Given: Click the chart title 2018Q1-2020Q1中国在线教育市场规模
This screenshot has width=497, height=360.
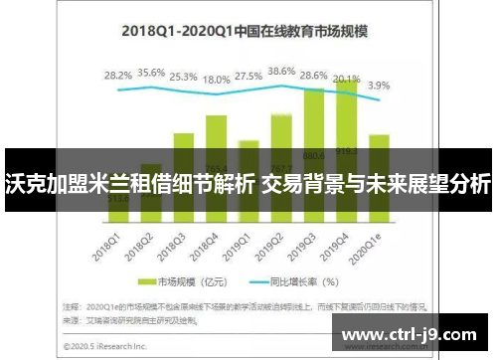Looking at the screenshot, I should [244, 31].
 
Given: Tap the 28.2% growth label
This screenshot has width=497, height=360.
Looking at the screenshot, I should [118, 75].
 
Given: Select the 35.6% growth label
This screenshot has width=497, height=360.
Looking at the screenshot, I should [151, 73].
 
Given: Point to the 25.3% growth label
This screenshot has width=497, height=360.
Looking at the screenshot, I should [184, 76].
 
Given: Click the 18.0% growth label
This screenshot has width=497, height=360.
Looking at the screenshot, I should [217, 80].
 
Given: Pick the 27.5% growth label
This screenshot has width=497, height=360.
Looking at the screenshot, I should [249, 76].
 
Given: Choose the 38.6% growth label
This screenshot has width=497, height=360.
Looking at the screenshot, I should [282, 72].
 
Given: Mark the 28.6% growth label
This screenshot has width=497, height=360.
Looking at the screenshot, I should [314, 76].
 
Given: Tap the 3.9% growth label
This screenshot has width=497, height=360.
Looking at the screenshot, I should [380, 86].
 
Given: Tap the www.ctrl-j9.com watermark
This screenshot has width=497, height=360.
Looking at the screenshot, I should [415, 333].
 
